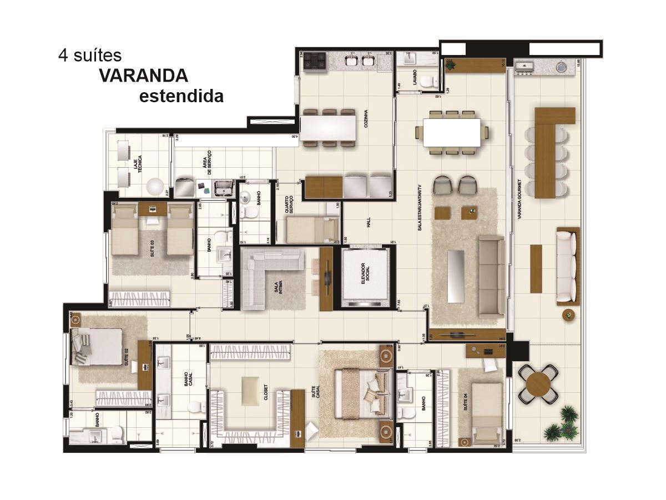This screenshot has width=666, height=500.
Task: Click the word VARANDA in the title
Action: (144, 76)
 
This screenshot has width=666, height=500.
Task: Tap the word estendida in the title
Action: (181, 96)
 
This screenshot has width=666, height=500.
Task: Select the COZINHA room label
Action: (366, 118)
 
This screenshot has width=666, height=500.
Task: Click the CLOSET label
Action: (266, 391)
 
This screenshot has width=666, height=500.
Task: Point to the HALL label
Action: (368, 222)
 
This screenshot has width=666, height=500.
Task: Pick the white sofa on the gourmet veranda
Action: (566, 265)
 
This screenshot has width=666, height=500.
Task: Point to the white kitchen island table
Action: (327, 128)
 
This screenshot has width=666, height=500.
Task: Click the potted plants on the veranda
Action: (562, 424)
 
